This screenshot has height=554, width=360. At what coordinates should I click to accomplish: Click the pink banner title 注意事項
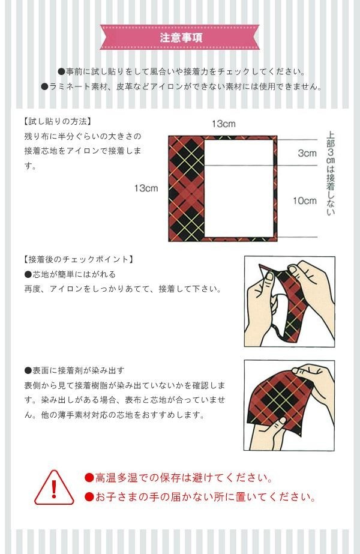click(x=181, y=37)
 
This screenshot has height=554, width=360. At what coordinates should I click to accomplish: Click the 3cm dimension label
click(x=307, y=153)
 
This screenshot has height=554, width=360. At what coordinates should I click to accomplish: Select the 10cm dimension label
click(x=305, y=200)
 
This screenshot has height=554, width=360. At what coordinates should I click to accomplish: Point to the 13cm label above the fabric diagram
click(x=223, y=124)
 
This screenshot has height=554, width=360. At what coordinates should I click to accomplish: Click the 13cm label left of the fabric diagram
click(x=146, y=188)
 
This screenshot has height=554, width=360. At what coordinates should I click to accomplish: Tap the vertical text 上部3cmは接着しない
click(x=331, y=173)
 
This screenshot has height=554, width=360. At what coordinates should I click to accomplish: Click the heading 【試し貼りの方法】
click(x=58, y=121)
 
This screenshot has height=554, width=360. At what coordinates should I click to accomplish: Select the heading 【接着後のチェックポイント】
click(x=79, y=259)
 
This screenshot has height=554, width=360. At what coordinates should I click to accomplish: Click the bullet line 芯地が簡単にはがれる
click(x=70, y=274)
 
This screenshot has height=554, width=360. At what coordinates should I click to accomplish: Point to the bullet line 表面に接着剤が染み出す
click(x=74, y=370)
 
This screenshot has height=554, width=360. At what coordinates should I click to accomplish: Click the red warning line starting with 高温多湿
click(x=179, y=478)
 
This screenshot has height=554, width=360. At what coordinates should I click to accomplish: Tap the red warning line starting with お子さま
click(x=200, y=497)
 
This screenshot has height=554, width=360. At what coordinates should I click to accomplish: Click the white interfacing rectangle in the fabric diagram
click(x=239, y=188)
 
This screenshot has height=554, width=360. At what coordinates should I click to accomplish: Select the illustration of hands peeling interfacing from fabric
click(x=289, y=301)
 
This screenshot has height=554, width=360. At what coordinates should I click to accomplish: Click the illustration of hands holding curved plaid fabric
click(x=289, y=405)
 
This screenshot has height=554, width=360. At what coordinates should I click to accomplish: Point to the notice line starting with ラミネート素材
click(x=181, y=86)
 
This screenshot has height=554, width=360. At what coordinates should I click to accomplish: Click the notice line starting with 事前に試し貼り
click(x=182, y=71)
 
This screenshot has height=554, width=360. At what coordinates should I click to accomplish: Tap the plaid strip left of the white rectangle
click(x=187, y=188)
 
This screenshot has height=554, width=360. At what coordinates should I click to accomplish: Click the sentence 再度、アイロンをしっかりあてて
click(x=123, y=289)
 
